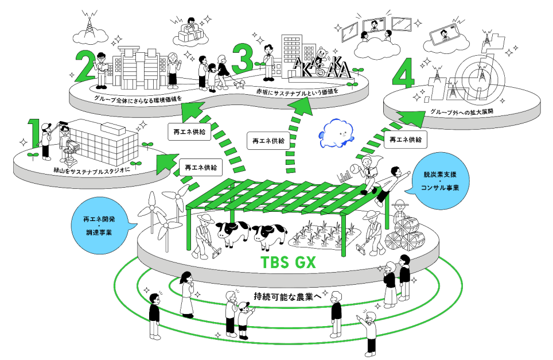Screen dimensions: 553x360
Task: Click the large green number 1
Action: (x=35, y=133)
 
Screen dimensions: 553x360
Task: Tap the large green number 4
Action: (x=403, y=76)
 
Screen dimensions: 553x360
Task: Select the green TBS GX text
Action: (x=288, y=262)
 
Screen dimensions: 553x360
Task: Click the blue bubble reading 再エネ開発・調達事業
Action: (x=102, y=226)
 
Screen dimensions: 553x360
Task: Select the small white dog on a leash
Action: (x=240, y=84)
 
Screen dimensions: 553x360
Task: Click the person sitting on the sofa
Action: (x=191, y=25)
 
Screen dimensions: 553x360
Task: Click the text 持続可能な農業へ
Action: (x=287, y=297)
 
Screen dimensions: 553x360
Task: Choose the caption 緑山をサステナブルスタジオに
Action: (x=92, y=171)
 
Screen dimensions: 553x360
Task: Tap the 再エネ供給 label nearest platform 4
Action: (x=406, y=140)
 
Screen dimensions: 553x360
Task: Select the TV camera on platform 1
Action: (x=71, y=151)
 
